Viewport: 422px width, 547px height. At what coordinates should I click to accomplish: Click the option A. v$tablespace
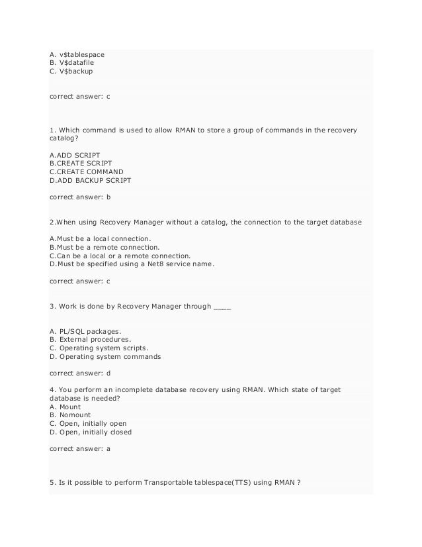pos(77,54)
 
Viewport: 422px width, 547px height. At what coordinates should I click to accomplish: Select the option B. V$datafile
pos(72,63)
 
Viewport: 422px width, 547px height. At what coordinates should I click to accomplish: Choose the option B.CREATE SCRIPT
pos(81,163)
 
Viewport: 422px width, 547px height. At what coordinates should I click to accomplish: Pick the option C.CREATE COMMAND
pos(86,172)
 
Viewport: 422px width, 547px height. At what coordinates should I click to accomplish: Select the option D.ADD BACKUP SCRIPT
pos(91,180)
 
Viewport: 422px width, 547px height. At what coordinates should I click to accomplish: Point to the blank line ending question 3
pos(223,307)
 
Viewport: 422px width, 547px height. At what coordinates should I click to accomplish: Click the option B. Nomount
pos(70,415)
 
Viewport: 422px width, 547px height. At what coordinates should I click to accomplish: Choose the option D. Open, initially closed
pos(91,432)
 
